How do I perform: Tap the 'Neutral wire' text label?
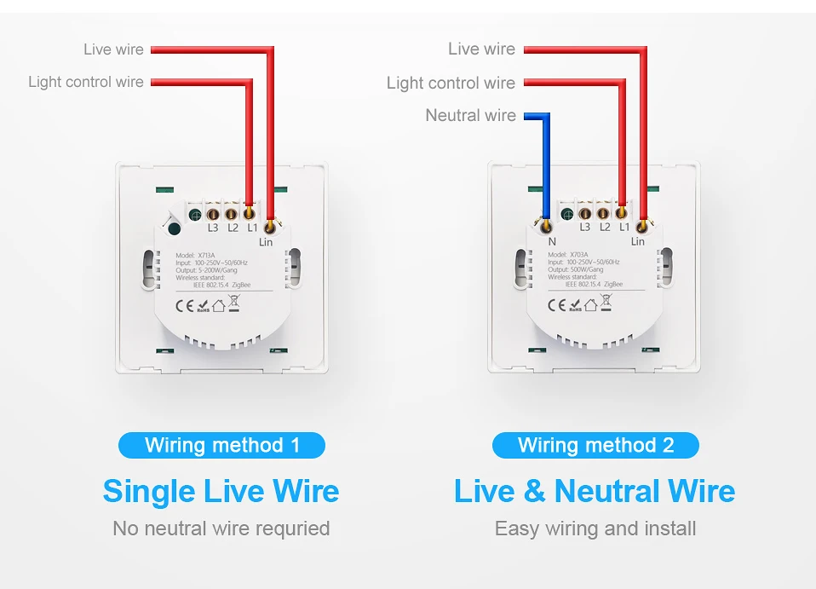(470, 115)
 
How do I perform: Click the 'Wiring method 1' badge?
(221, 445)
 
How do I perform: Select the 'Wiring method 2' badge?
(595, 445)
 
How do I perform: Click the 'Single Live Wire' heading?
(221, 491)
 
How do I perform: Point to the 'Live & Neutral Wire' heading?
(595, 491)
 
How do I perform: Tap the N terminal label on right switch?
(552, 242)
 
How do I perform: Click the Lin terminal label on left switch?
(267, 242)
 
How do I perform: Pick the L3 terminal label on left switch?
(213, 228)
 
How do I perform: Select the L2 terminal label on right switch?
(605, 227)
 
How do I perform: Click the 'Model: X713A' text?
(197, 255)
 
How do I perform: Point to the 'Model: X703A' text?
(569, 255)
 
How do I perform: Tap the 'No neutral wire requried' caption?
(221, 528)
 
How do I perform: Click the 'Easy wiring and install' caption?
(595, 528)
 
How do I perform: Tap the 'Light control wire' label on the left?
(86, 82)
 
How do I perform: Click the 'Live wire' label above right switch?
(481, 49)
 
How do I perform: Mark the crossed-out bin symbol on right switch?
(606, 302)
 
